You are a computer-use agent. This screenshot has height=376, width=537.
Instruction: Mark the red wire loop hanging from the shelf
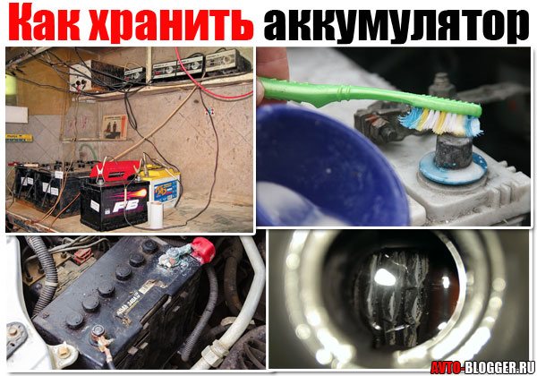[x=215, y=85]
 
